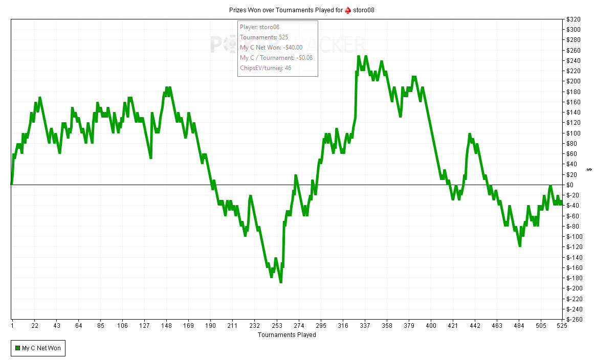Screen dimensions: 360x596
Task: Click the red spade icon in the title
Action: [x=348, y=10]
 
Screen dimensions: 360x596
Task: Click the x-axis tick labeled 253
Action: [x=277, y=326]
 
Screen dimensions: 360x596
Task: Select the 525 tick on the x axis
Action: [x=561, y=326]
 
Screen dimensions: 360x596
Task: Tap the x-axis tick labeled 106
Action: [x=122, y=326]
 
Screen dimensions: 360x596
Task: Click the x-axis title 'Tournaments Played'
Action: [x=286, y=335]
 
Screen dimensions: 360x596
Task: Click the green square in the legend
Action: [x=17, y=349]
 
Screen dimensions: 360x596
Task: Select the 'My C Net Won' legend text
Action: [x=41, y=349]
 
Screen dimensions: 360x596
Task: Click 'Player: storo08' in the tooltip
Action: [x=259, y=27]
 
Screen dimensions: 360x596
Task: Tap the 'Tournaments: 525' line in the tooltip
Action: [x=264, y=37]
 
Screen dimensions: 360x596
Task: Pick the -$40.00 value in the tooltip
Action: [x=293, y=48]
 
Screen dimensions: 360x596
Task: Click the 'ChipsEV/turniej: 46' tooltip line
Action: [x=266, y=68]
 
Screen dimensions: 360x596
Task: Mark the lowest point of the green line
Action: [x=281, y=282]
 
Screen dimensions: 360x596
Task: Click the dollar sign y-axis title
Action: [x=590, y=169]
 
